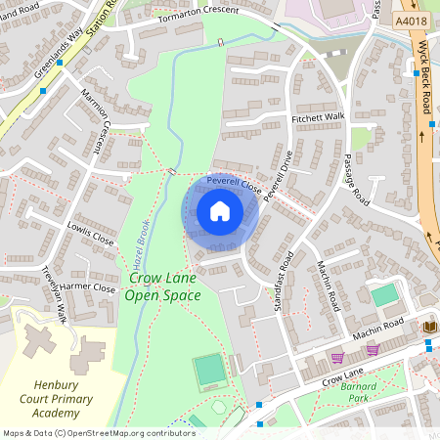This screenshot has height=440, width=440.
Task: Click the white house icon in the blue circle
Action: point(220,211)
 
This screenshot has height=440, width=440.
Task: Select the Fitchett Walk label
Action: point(318,117)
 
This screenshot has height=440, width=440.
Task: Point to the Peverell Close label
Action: point(233,183)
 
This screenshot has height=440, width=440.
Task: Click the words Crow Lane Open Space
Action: point(164,287)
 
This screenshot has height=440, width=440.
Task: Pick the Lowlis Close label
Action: point(90,233)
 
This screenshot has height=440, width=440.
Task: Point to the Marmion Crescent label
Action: point(97,124)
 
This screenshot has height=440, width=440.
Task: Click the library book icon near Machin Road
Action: point(429,326)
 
